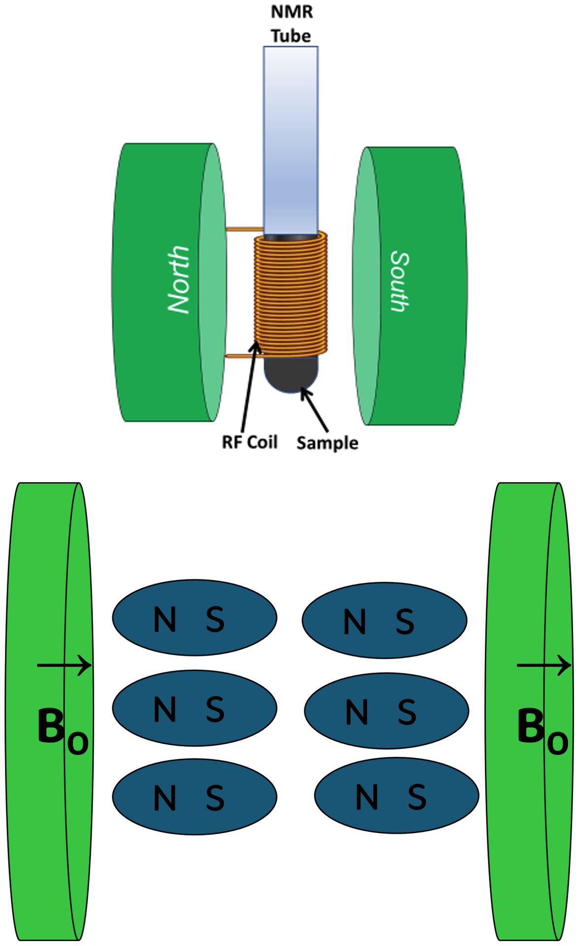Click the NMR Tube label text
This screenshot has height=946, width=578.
[291, 24]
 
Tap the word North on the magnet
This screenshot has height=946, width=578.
[178, 279]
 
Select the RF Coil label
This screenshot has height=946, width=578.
[249, 442]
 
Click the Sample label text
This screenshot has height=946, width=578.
[327, 442]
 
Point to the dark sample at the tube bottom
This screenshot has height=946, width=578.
[291, 374]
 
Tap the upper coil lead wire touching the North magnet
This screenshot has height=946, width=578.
[244, 229]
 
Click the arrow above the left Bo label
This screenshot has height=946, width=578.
[64, 665]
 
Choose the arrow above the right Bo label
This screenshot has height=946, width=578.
[544, 665]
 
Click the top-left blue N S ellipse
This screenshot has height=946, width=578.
[194, 617]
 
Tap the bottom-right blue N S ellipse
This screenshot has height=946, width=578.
[396, 796]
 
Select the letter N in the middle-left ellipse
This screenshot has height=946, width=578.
[165, 709]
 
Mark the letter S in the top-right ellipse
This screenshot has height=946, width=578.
[405, 621]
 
